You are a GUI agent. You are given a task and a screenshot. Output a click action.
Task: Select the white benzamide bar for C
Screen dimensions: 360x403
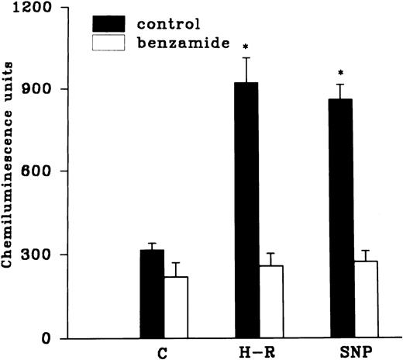coord(176,307)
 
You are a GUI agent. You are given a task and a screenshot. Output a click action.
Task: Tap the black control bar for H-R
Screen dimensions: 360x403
coord(247,210)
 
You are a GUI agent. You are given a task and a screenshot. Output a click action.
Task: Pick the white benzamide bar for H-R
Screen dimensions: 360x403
coord(271,302)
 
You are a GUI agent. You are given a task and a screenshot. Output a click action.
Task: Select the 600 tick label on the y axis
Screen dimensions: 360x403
coord(36,171)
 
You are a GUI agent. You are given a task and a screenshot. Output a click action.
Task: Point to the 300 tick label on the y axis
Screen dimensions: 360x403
coord(36,255)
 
